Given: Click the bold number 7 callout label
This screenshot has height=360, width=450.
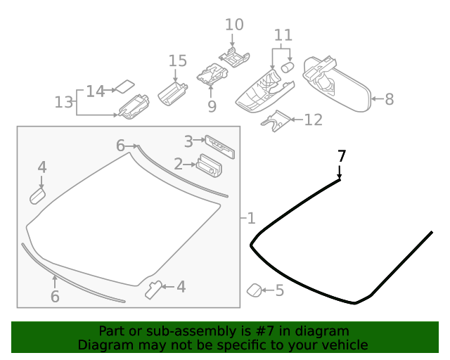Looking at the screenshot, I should [342, 156].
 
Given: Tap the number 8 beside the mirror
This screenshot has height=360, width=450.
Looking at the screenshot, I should [389, 99].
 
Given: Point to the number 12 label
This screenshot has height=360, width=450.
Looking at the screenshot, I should [313, 120].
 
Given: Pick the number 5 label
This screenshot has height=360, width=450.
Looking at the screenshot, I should [279, 290].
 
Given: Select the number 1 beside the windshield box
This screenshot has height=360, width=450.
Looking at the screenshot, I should [251, 218].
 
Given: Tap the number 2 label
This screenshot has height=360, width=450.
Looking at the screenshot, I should [179, 164].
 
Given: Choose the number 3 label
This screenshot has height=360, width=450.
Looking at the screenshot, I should [188, 141].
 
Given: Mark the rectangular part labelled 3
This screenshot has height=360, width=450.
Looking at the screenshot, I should [220, 146].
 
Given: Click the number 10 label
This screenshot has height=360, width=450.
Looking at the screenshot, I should [234, 25].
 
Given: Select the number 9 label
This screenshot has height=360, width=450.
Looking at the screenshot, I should [212, 106].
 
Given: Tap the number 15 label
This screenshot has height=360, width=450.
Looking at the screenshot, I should [178, 60].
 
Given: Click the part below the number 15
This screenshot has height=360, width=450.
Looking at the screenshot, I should [172, 93].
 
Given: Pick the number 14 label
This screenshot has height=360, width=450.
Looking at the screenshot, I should [95, 91].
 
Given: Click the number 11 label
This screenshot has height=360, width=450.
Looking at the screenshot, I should [283, 34].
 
